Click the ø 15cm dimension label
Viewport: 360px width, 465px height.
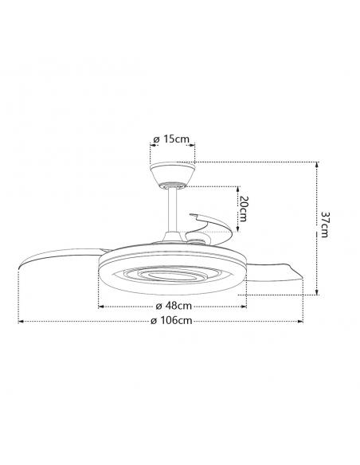[171, 139]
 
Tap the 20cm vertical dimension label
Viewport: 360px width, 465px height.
[243, 209]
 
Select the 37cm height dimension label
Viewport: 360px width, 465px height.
[324, 225]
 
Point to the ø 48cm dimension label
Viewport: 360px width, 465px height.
[174, 306]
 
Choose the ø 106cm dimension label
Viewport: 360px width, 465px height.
[171, 320]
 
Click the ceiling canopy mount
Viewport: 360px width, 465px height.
[172, 175]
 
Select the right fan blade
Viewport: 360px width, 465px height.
[274, 272]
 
